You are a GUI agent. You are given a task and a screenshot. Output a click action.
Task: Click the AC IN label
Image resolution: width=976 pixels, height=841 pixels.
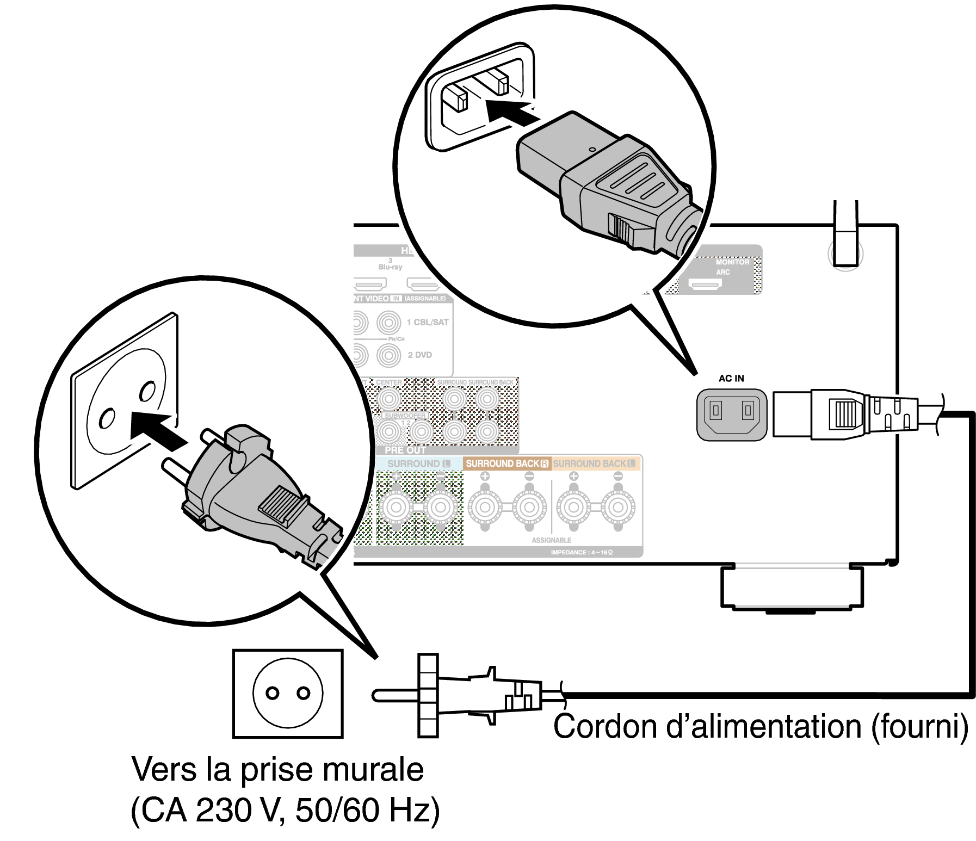(x=731, y=378)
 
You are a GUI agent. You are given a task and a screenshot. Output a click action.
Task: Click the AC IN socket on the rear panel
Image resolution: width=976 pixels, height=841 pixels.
(x=732, y=415)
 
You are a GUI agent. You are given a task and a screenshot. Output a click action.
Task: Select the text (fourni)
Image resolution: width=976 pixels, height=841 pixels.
(x=919, y=726)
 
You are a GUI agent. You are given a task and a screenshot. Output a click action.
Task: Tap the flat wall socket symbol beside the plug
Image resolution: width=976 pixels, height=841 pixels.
(x=288, y=693)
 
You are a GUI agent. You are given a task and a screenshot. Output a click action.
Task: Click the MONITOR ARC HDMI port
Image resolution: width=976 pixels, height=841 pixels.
(x=705, y=284)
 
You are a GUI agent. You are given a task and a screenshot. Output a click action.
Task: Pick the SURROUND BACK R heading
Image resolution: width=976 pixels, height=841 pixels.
(x=506, y=463)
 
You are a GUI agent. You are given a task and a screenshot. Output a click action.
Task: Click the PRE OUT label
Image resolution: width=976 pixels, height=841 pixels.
(x=405, y=450)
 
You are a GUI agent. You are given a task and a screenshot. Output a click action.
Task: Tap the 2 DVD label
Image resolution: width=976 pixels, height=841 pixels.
(x=419, y=355)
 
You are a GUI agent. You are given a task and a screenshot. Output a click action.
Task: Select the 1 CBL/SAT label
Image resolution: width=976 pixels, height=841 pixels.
(x=428, y=322)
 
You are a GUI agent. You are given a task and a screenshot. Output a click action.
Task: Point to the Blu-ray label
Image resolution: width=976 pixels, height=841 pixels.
(x=390, y=267)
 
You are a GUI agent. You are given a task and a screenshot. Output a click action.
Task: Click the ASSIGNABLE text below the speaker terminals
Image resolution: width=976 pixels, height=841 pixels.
(x=551, y=540)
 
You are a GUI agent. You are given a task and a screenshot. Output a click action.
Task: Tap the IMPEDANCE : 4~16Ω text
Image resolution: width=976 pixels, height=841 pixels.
(x=581, y=552)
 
